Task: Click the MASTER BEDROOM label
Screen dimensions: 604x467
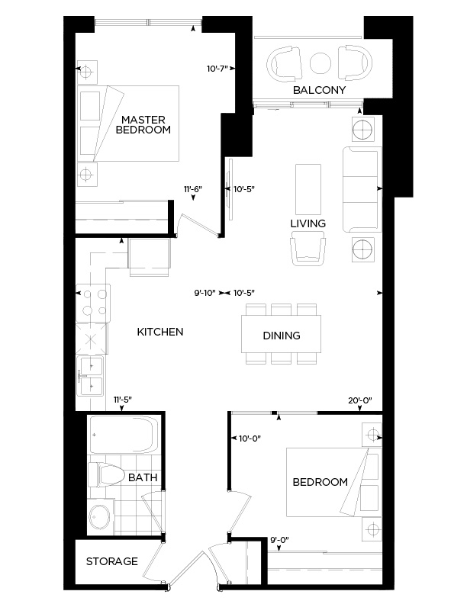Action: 143,124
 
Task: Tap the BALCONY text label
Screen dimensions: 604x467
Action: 320,90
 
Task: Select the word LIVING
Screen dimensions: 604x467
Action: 308,223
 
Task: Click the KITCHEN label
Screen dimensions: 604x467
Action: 159,332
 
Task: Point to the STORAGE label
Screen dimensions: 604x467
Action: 111,561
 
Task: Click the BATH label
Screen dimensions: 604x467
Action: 143,477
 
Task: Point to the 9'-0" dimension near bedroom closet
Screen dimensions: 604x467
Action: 280,541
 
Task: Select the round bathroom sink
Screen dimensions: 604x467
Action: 99,517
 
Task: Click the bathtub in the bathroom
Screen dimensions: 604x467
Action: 122,437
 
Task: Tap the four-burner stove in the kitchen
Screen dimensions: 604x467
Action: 93,302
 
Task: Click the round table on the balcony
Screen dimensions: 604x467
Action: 320,62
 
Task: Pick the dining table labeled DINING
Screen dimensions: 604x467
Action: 281,336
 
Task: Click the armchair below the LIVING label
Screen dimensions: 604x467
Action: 310,249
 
